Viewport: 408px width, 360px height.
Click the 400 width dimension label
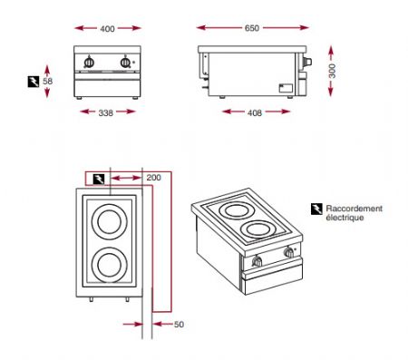click(107, 30)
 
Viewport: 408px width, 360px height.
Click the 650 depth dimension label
click(252, 29)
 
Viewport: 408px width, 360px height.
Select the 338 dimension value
click(107, 112)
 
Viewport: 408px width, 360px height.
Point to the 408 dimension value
click(255, 112)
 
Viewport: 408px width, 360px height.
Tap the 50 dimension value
click(179, 323)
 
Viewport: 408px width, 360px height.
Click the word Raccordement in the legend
click(355, 209)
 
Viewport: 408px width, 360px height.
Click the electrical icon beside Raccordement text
click(316, 209)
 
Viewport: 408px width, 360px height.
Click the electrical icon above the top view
click(98, 178)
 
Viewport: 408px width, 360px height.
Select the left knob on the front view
click(90, 62)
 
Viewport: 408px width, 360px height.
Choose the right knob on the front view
click(123, 62)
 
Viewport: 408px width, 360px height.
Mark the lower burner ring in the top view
click(106, 265)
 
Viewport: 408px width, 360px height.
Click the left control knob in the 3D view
click(256, 264)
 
